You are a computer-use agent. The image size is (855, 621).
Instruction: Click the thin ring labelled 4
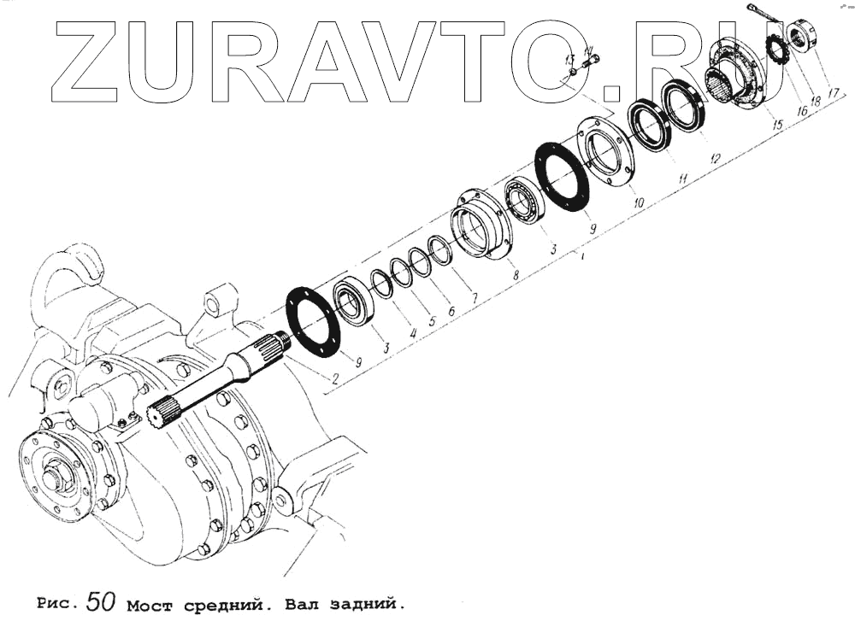381,284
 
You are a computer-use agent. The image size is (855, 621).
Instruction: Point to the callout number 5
432,323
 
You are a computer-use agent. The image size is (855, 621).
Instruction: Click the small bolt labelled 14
589,61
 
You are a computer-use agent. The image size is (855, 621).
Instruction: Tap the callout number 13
568,59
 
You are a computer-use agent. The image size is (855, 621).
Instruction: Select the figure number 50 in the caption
100,600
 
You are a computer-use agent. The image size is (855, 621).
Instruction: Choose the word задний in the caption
360,605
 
